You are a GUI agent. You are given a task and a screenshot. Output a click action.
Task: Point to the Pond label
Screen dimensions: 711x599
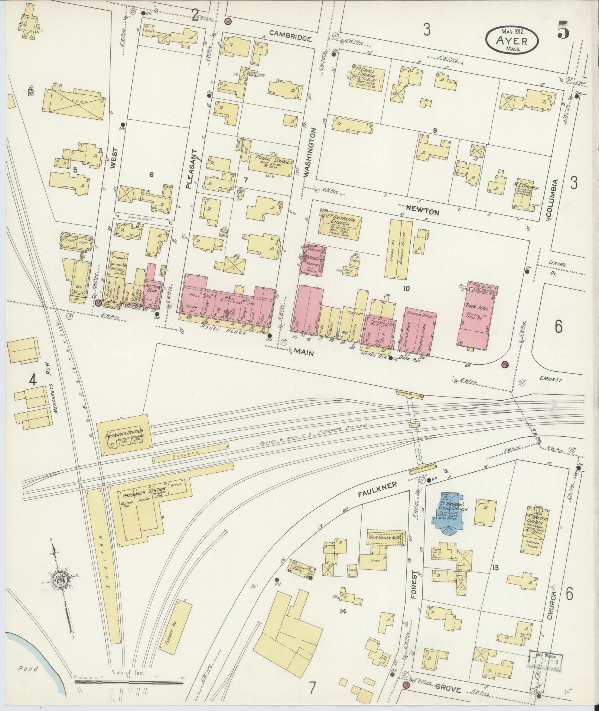28,669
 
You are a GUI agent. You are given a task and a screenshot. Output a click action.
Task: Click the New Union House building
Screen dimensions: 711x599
385,537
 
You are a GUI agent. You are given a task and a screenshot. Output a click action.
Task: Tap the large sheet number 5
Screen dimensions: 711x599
563,32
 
